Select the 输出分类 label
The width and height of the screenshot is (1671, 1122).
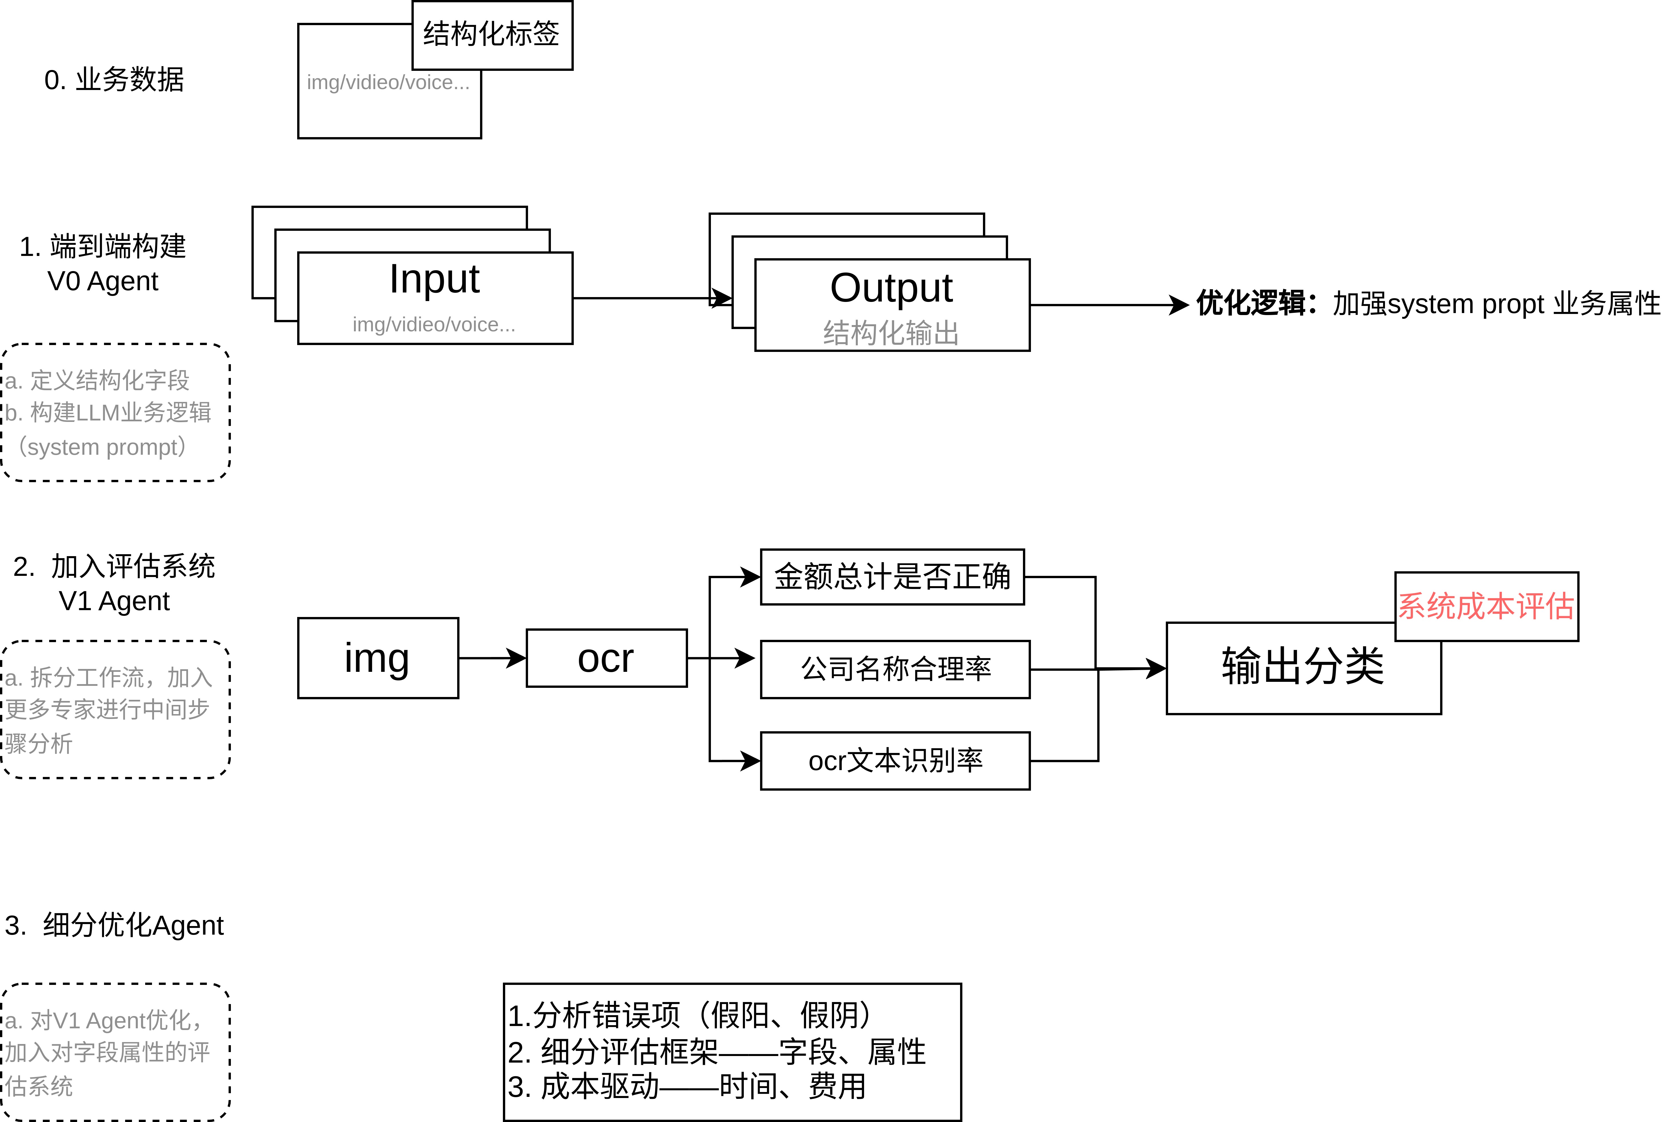pos(1302,667)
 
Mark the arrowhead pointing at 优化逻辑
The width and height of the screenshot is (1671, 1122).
pos(1179,305)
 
